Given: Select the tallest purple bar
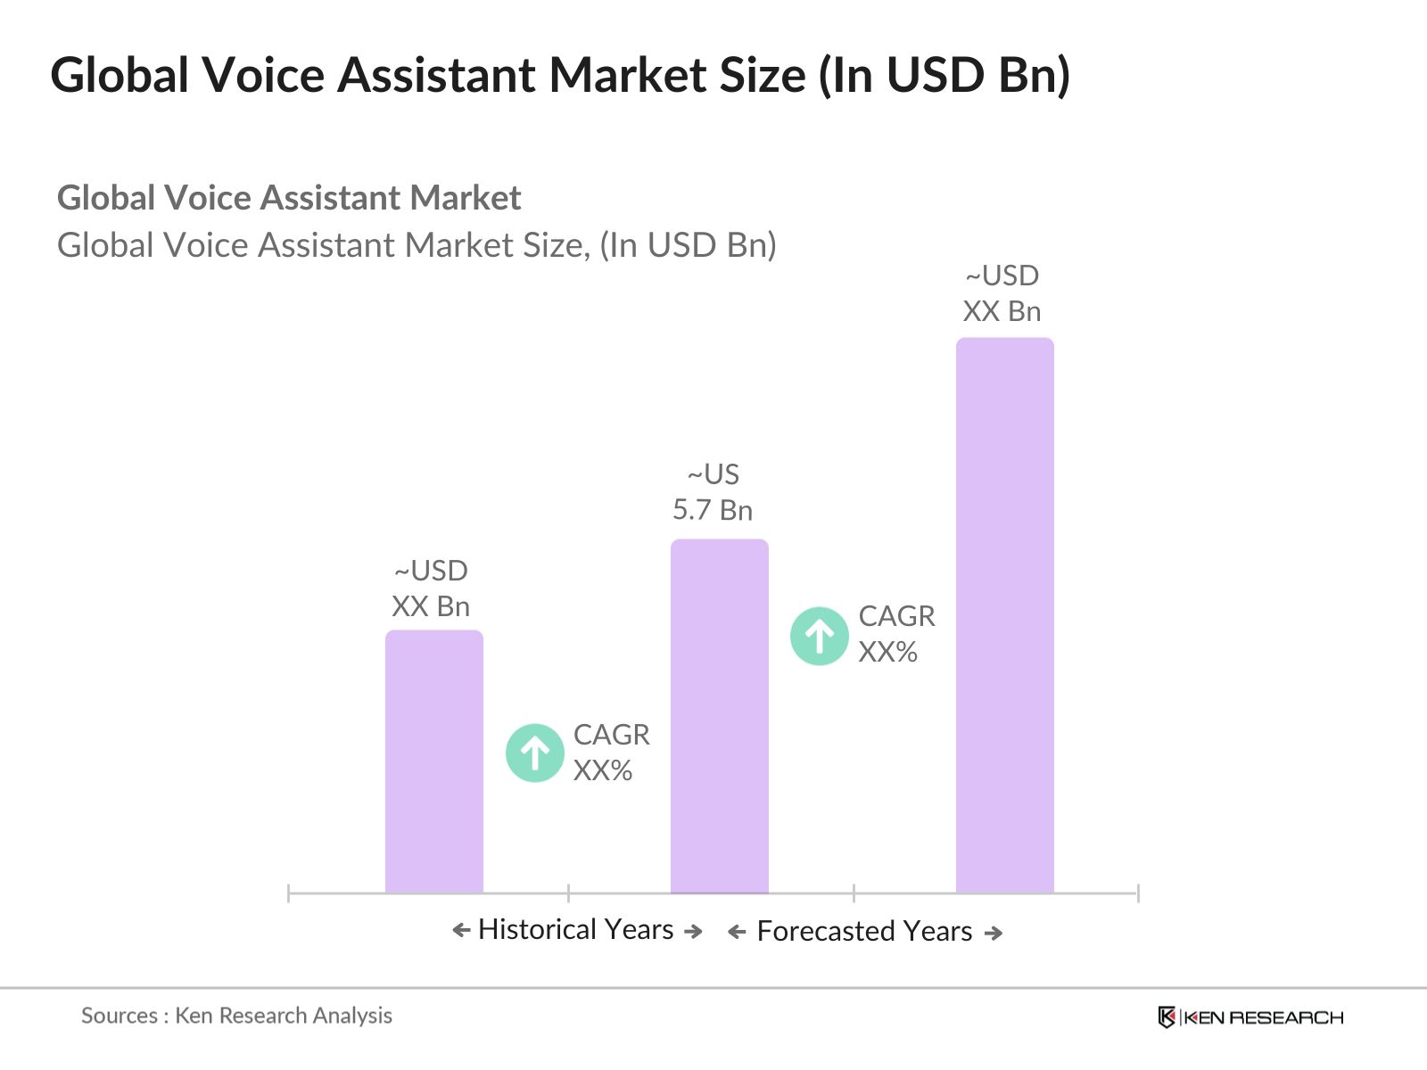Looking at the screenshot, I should (1004, 615).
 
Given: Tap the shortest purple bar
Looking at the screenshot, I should (433, 761).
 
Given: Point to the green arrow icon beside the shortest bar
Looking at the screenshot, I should (534, 753).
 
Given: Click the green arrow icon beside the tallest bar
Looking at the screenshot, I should (819, 636).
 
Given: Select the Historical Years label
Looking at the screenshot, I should (576, 929).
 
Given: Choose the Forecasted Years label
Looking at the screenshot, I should (864, 931).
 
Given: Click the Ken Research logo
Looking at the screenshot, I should (1250, 1017).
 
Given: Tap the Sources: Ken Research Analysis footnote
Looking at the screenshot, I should (236, 1015).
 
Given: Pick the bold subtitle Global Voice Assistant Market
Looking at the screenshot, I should (289, 197).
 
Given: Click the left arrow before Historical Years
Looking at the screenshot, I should (461, 931).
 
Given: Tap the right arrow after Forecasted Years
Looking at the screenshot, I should (994, 933).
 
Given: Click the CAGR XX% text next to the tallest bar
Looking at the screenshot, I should (896, 634).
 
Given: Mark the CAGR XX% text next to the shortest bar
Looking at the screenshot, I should (611, 752).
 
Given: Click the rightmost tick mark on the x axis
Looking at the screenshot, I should (1138, 893).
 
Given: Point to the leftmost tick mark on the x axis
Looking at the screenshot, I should (289, 893).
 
